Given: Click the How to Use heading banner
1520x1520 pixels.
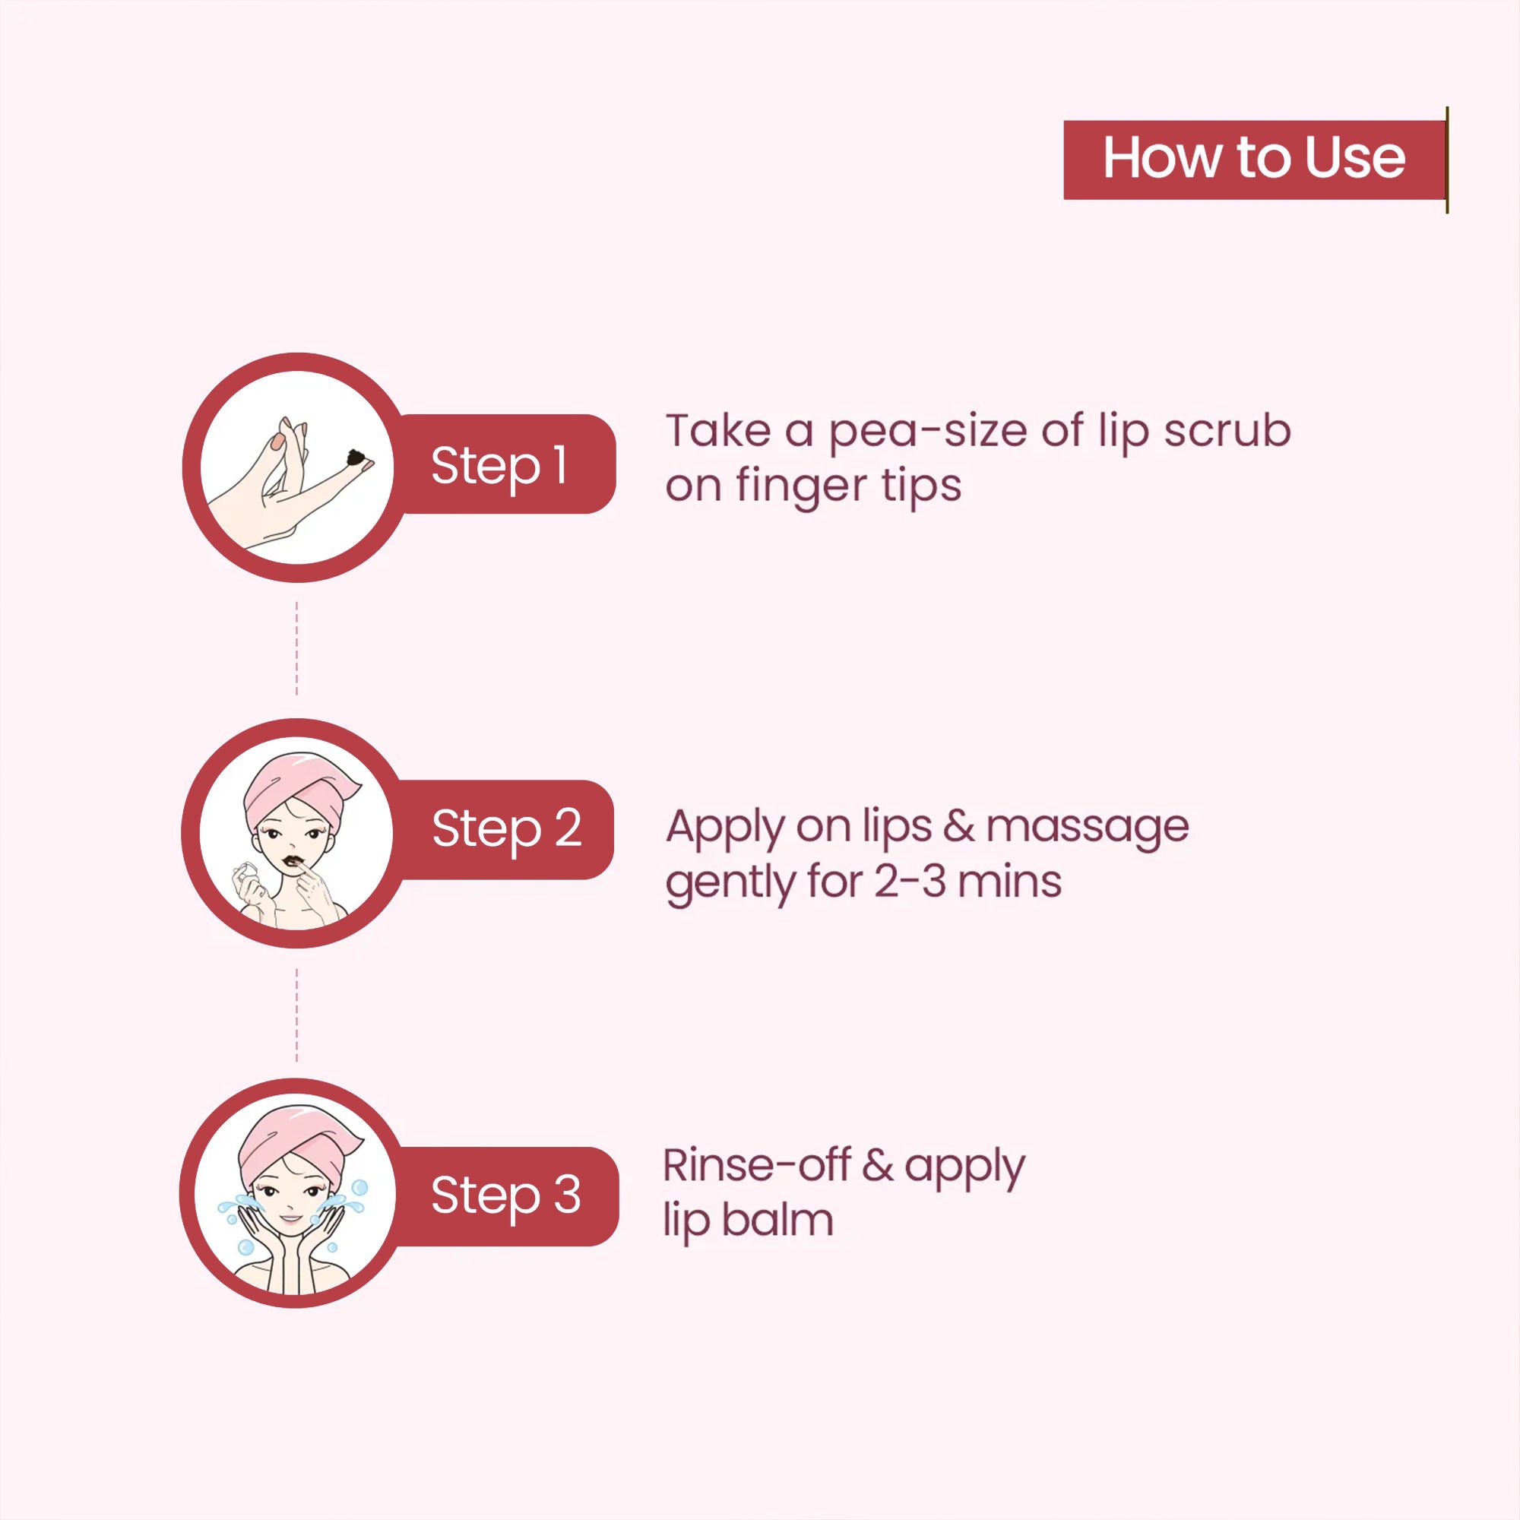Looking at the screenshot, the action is coord(1255,160).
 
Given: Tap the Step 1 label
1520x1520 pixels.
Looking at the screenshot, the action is coord(499,465).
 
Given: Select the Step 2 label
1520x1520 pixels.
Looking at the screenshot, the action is coord(507,829).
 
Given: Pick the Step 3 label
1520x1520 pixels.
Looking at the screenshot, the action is coord(506,1195).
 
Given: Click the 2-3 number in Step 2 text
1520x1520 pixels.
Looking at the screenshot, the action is coord(910,882).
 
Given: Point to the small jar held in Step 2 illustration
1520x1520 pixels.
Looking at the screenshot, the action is coord(249,872).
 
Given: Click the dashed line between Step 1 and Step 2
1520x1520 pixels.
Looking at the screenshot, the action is coord(296,648).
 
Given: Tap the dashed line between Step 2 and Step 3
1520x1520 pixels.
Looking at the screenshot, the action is coord(296,1015).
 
